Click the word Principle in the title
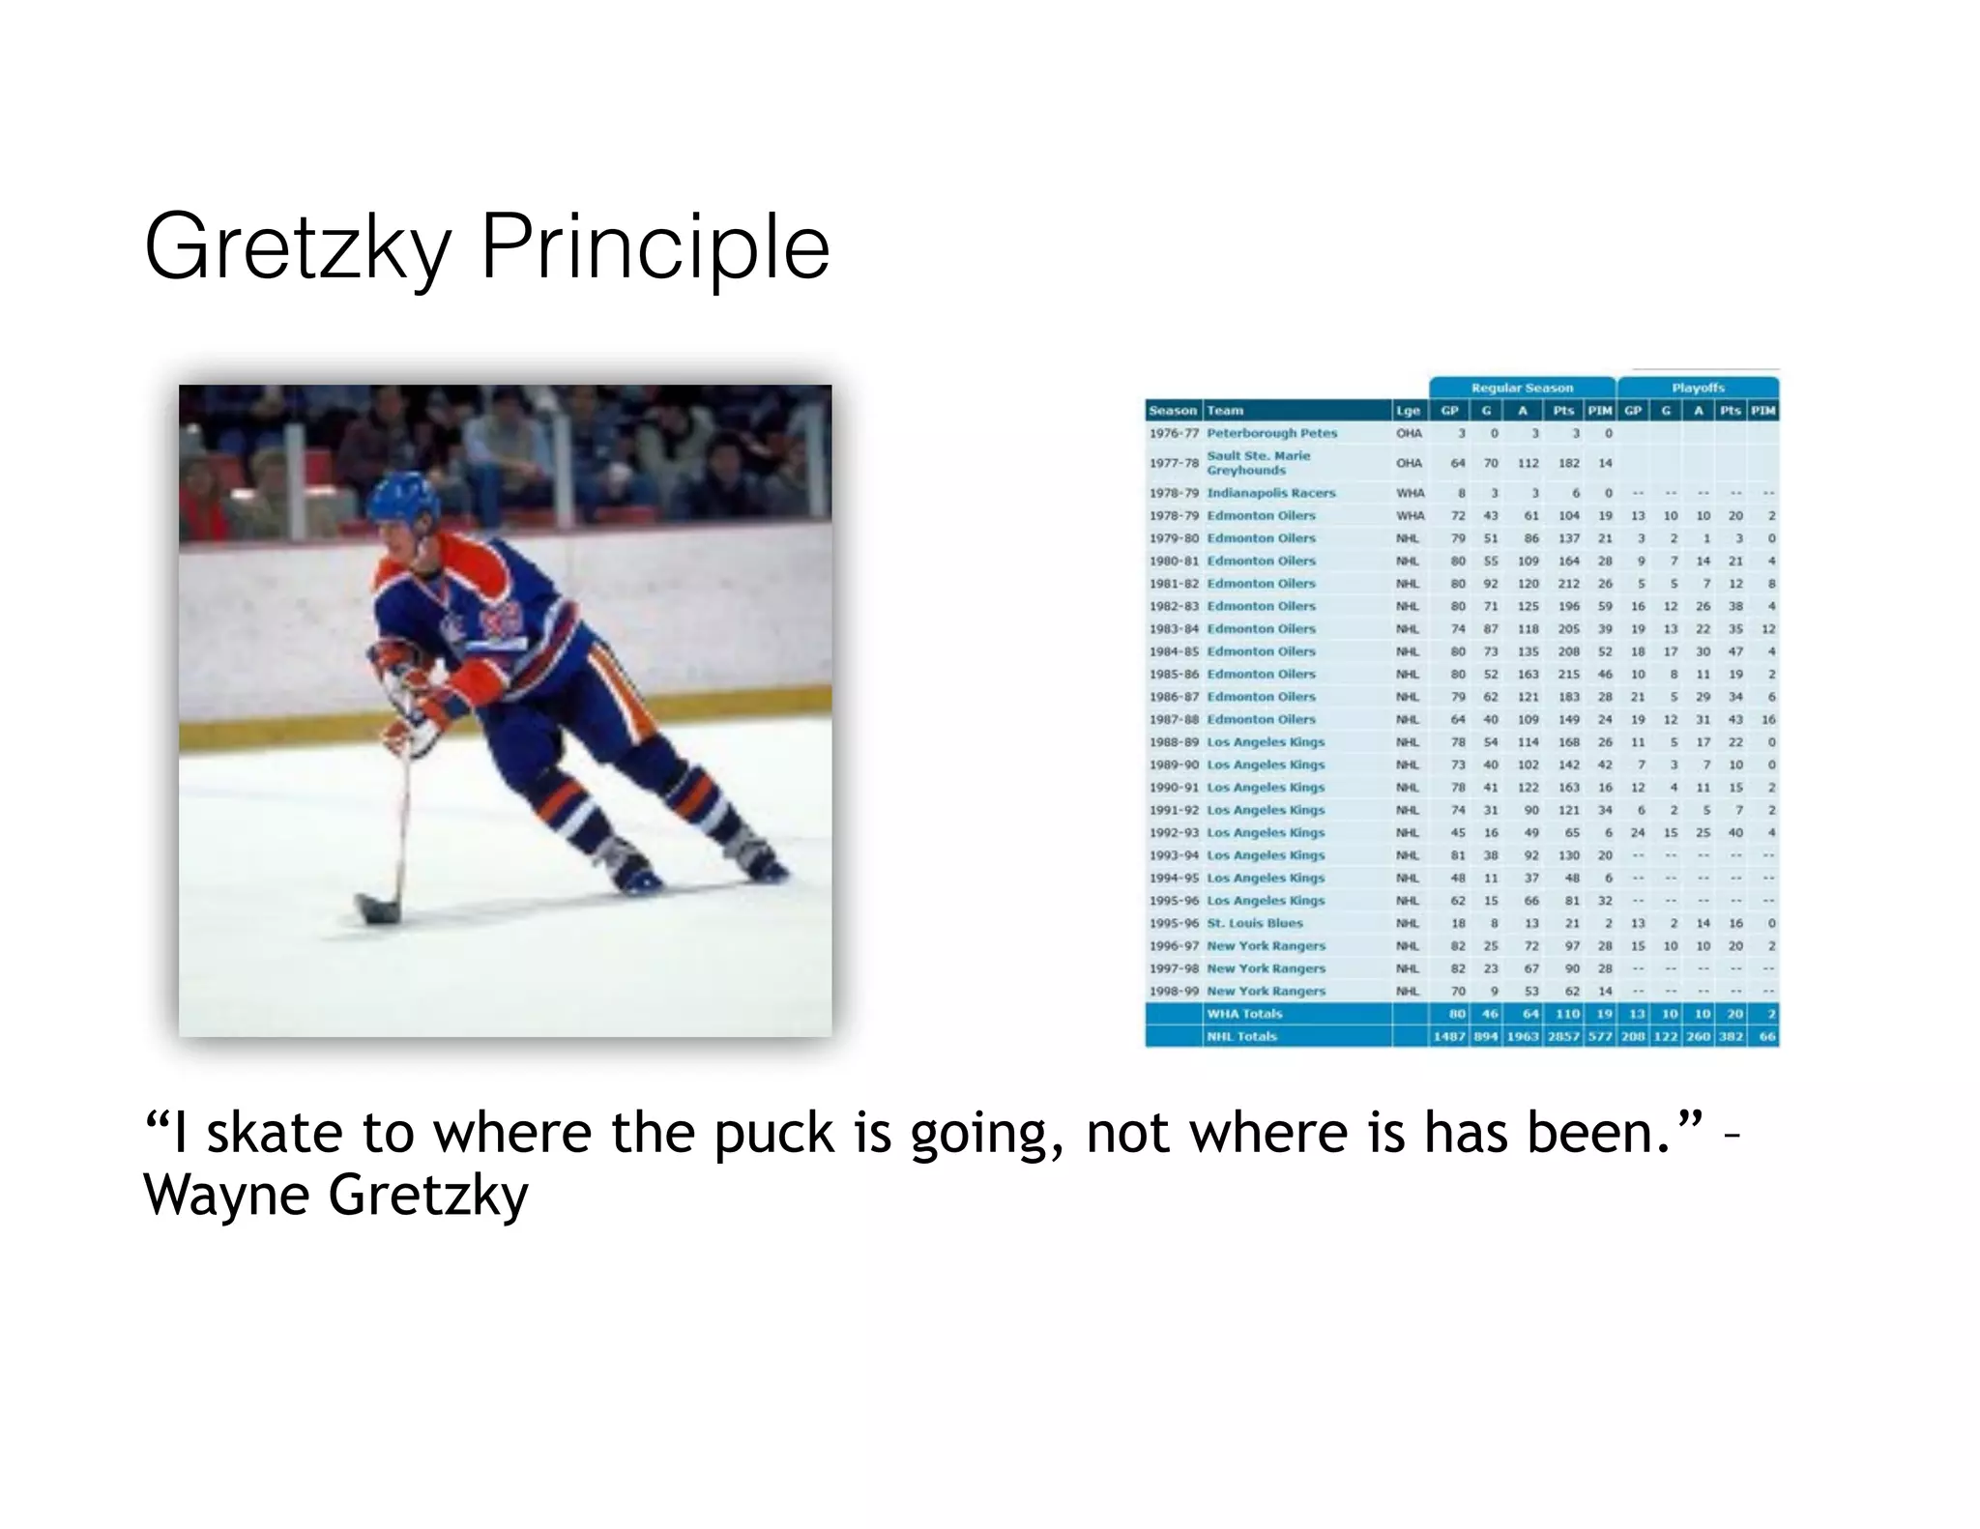[655, 249]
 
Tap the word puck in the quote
[773, 1133]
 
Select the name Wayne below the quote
[226, 1195]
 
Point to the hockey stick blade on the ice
[377, 909]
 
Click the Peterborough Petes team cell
[1271, 433]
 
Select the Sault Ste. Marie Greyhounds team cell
[1258, 463]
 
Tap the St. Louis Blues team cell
[1254, 923]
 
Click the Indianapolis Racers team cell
[1270, 493]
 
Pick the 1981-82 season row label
[1174, 584]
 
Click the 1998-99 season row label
[1174, 991]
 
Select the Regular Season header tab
[1522, 388]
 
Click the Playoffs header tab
[1698, 388]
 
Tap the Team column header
[1225, 411]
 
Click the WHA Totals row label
[1244, 1014]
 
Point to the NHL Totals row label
[1241, 1036]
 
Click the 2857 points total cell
[1562, 1036]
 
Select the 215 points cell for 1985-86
[1568, 675]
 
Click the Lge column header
[1408, 411]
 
